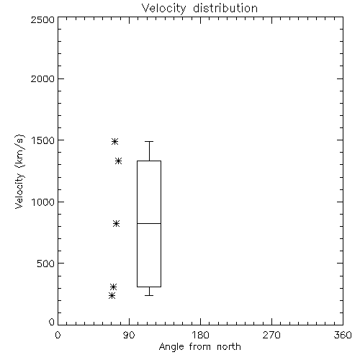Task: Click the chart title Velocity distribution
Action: click(199, 8)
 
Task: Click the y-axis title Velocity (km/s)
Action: click(19, 171)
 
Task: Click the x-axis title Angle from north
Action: click(199, 347)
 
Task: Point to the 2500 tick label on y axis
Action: click(42, 19)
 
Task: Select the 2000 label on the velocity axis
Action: click(42, 78)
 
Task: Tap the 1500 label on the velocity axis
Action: click(43, 140)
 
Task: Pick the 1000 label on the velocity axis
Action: click(43, 202)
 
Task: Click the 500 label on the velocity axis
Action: click(46, 264)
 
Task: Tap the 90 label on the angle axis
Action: click(129, 335)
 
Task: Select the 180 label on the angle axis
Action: click(200, 335)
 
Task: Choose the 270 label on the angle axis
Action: click(271, 335)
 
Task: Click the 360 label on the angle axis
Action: click(343, 335)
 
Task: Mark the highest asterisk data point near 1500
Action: click(114, 142)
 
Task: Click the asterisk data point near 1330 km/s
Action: click(118, 161)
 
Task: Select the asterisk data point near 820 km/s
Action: click(116, 224)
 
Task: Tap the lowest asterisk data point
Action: click(112, 295)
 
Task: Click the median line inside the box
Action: click(149, 223)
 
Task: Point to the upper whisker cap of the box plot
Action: click(149, 142)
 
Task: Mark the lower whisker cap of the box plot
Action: click(149, 295)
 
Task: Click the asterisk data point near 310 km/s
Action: click(113, 287)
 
